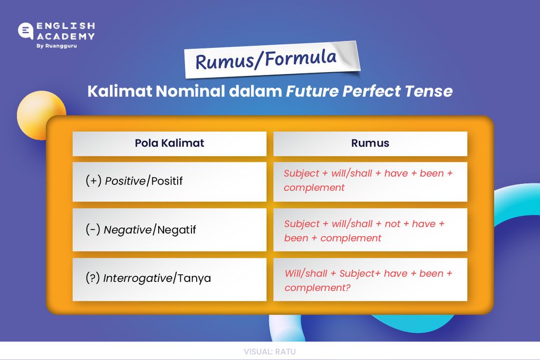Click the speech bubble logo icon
25,31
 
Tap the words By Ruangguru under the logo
56,46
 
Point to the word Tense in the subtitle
429,91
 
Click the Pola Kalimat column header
169,143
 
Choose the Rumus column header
370,143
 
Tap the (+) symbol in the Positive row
93,181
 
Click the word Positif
167,181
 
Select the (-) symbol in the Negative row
93,230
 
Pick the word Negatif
177,230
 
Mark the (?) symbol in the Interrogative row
93,278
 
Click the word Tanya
194,278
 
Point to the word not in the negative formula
392,224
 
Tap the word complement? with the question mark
317,288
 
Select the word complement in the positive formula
314,188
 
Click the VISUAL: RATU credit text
269,352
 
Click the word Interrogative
138,278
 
